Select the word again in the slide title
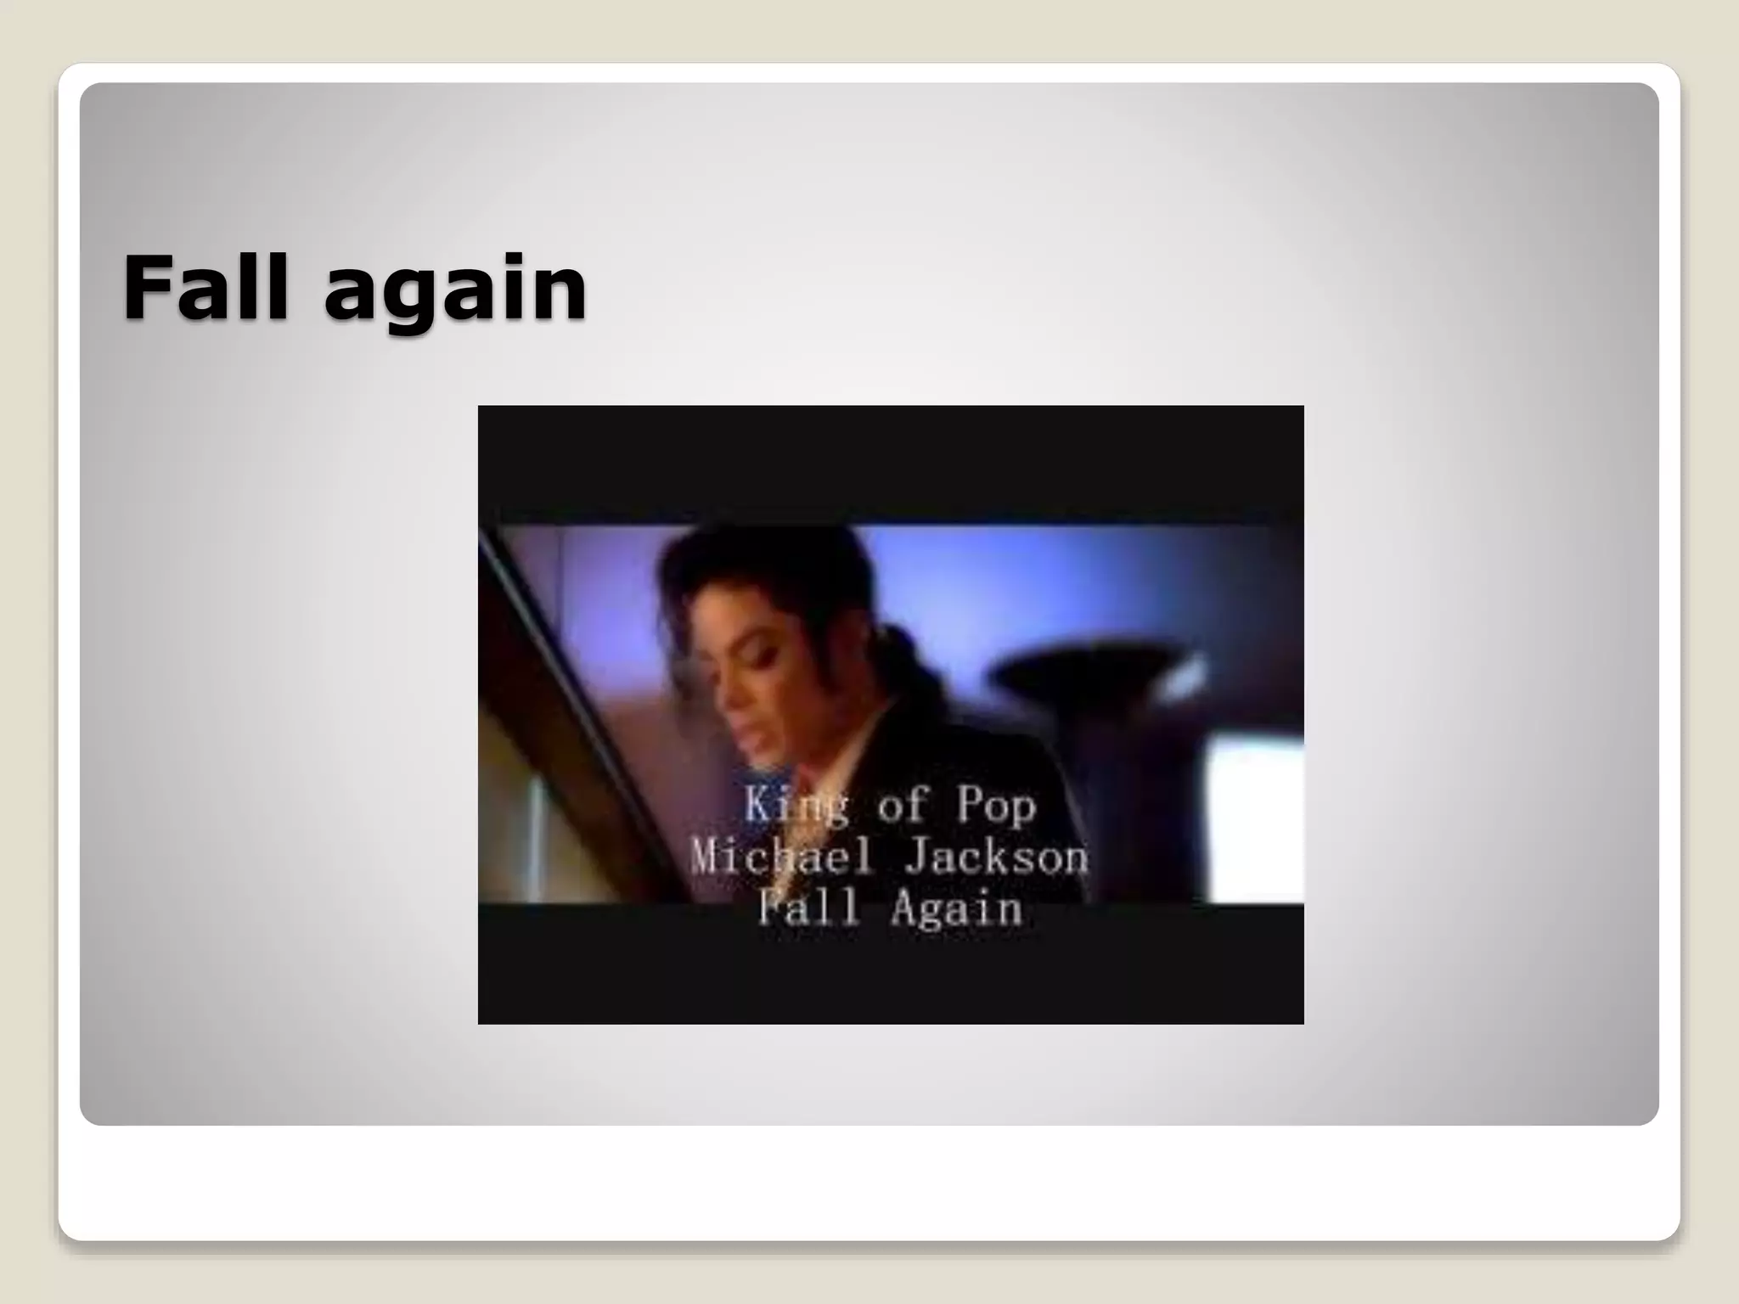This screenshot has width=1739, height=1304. (x=455, y=293)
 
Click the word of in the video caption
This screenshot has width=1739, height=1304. (x=901, y=805)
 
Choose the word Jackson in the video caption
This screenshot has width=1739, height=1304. (x=995, y=857)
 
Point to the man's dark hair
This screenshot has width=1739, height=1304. (x=764, y=586)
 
